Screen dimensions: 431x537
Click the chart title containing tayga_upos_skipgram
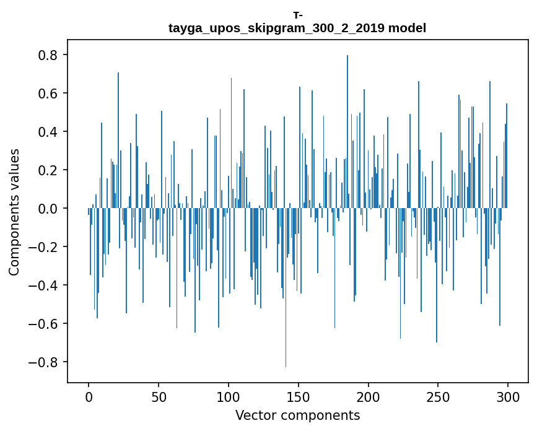coord(297,28)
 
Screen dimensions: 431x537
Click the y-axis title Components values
coord(14,212)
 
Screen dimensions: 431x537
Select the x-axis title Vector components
coord(297,415)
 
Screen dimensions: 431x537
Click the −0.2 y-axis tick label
coord(45,247)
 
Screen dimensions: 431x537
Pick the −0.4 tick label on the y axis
coord(45,285)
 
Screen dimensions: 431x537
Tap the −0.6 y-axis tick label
coord(45,324)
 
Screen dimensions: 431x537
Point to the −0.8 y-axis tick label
coord(45,362)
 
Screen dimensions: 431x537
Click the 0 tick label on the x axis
coord(89,396)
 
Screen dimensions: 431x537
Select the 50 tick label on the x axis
coord(159,396)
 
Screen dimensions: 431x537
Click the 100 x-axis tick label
coord(229,396)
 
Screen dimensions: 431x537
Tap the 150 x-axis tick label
coord(299,396)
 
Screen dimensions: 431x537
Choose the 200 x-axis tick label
coord(369,396)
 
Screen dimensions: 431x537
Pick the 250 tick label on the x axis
coord(439,396)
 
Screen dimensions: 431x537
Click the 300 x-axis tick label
coord(509,396)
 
